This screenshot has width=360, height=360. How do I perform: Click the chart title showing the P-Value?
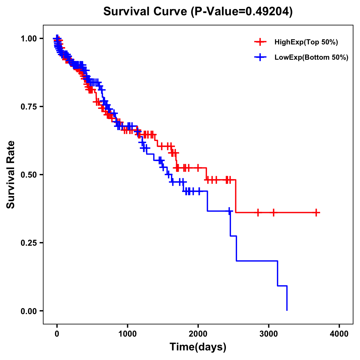coord(198,12)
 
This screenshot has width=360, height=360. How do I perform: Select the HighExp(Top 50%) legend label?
coord(306,42)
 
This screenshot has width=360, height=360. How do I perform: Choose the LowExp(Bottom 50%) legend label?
coord(311,57)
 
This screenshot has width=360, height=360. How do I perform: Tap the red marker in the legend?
coord(260,42)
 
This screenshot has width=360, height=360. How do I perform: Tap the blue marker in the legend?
coord(260,57)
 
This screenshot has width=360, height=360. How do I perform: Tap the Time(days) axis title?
coord(198,347)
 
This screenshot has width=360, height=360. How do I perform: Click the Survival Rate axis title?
coord(11,174)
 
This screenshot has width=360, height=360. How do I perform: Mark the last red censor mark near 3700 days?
coord(316,213)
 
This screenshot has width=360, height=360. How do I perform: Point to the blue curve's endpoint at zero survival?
coord(287,310)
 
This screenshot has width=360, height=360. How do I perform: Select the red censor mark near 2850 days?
coord(258,213)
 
